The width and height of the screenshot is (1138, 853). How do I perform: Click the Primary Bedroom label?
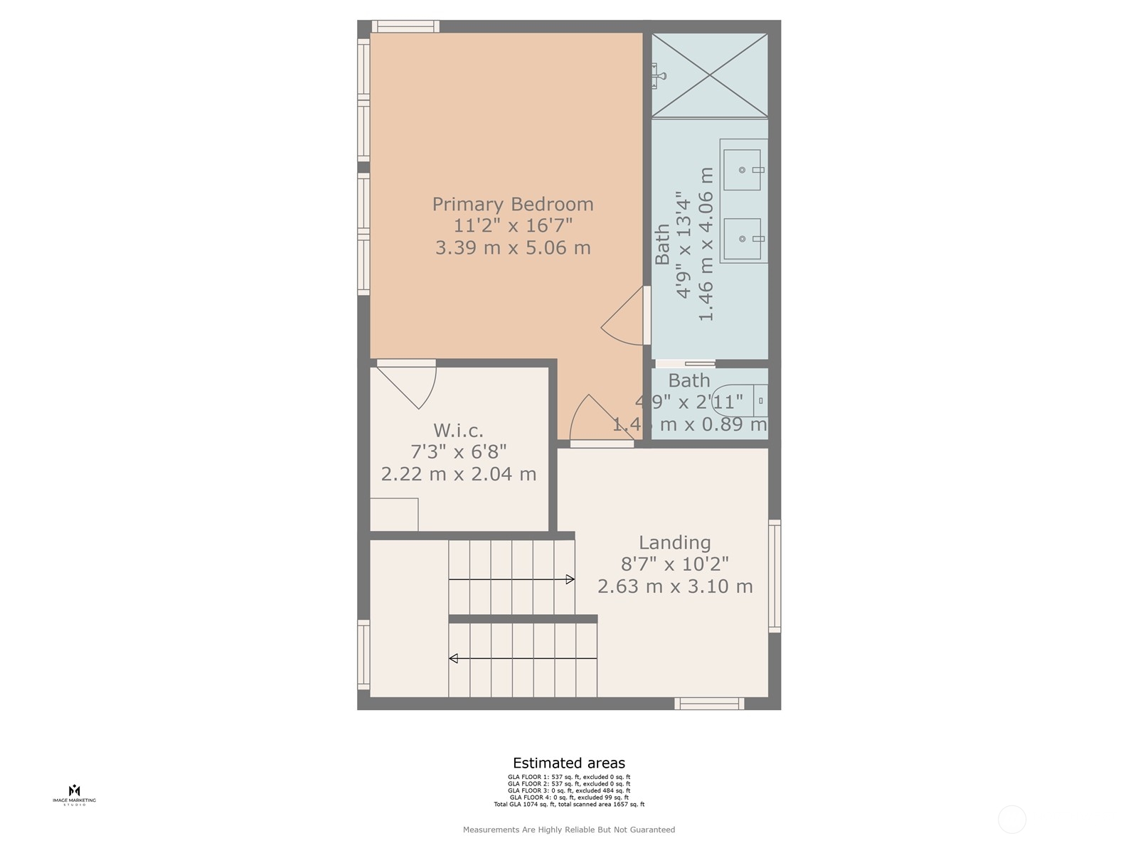(x=512, y=204)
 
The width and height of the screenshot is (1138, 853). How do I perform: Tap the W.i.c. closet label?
(x=458, y=431)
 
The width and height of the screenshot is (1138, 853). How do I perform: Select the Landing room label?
(x=674, y=542)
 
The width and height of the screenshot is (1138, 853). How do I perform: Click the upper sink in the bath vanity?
(x=742, y=170)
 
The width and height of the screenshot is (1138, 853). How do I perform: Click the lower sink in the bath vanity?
(x=742, y=239)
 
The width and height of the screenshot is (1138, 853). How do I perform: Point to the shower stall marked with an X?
(x=710, y=75)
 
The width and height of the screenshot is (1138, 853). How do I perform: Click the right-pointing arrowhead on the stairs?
(x=570, y=579)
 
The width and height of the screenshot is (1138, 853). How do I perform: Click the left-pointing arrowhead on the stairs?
(x=453, y=659)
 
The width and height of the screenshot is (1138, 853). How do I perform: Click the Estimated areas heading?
(x=569, y=763)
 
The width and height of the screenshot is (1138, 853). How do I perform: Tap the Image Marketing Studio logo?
(x=74, y=794)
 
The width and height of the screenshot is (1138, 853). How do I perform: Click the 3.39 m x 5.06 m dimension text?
(x=512, y=248)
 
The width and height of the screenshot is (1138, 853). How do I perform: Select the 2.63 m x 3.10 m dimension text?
(x=674, y=586)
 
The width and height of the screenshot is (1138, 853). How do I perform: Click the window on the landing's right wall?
(x=775, y=576)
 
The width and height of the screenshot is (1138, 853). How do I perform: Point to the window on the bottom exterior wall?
(x=709, y=704)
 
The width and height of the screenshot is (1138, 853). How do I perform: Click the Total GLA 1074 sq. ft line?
(x=569, y=805)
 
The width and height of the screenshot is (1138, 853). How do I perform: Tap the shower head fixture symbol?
(x=659, y=75)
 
